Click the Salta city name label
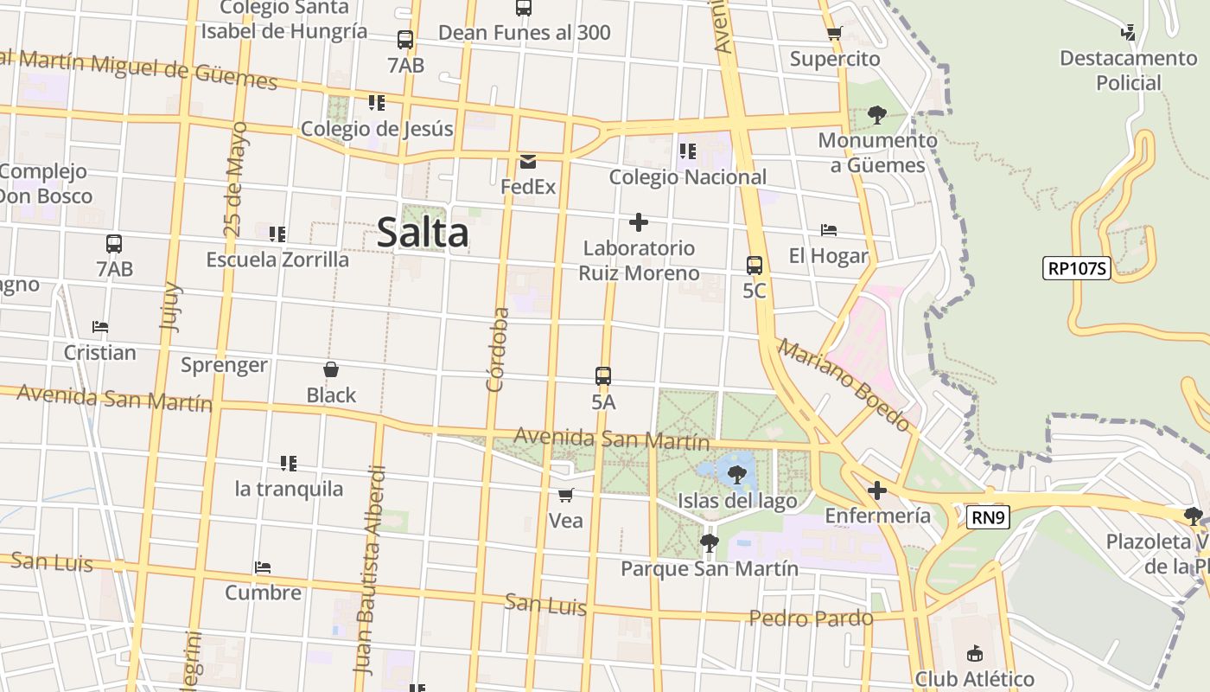423,233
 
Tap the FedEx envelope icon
528,162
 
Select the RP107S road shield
1076,268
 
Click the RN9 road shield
988,517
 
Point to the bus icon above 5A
603,376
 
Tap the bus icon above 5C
755,266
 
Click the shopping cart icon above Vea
566,496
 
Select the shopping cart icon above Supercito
834,34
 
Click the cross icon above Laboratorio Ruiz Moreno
639,222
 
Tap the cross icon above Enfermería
877,491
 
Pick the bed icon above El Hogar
829,230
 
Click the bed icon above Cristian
100,327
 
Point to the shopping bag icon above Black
331,369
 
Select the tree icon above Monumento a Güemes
877,115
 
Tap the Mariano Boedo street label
844,384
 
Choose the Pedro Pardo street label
811,618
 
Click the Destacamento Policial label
1128,71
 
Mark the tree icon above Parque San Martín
709,543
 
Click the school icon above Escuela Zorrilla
277,234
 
